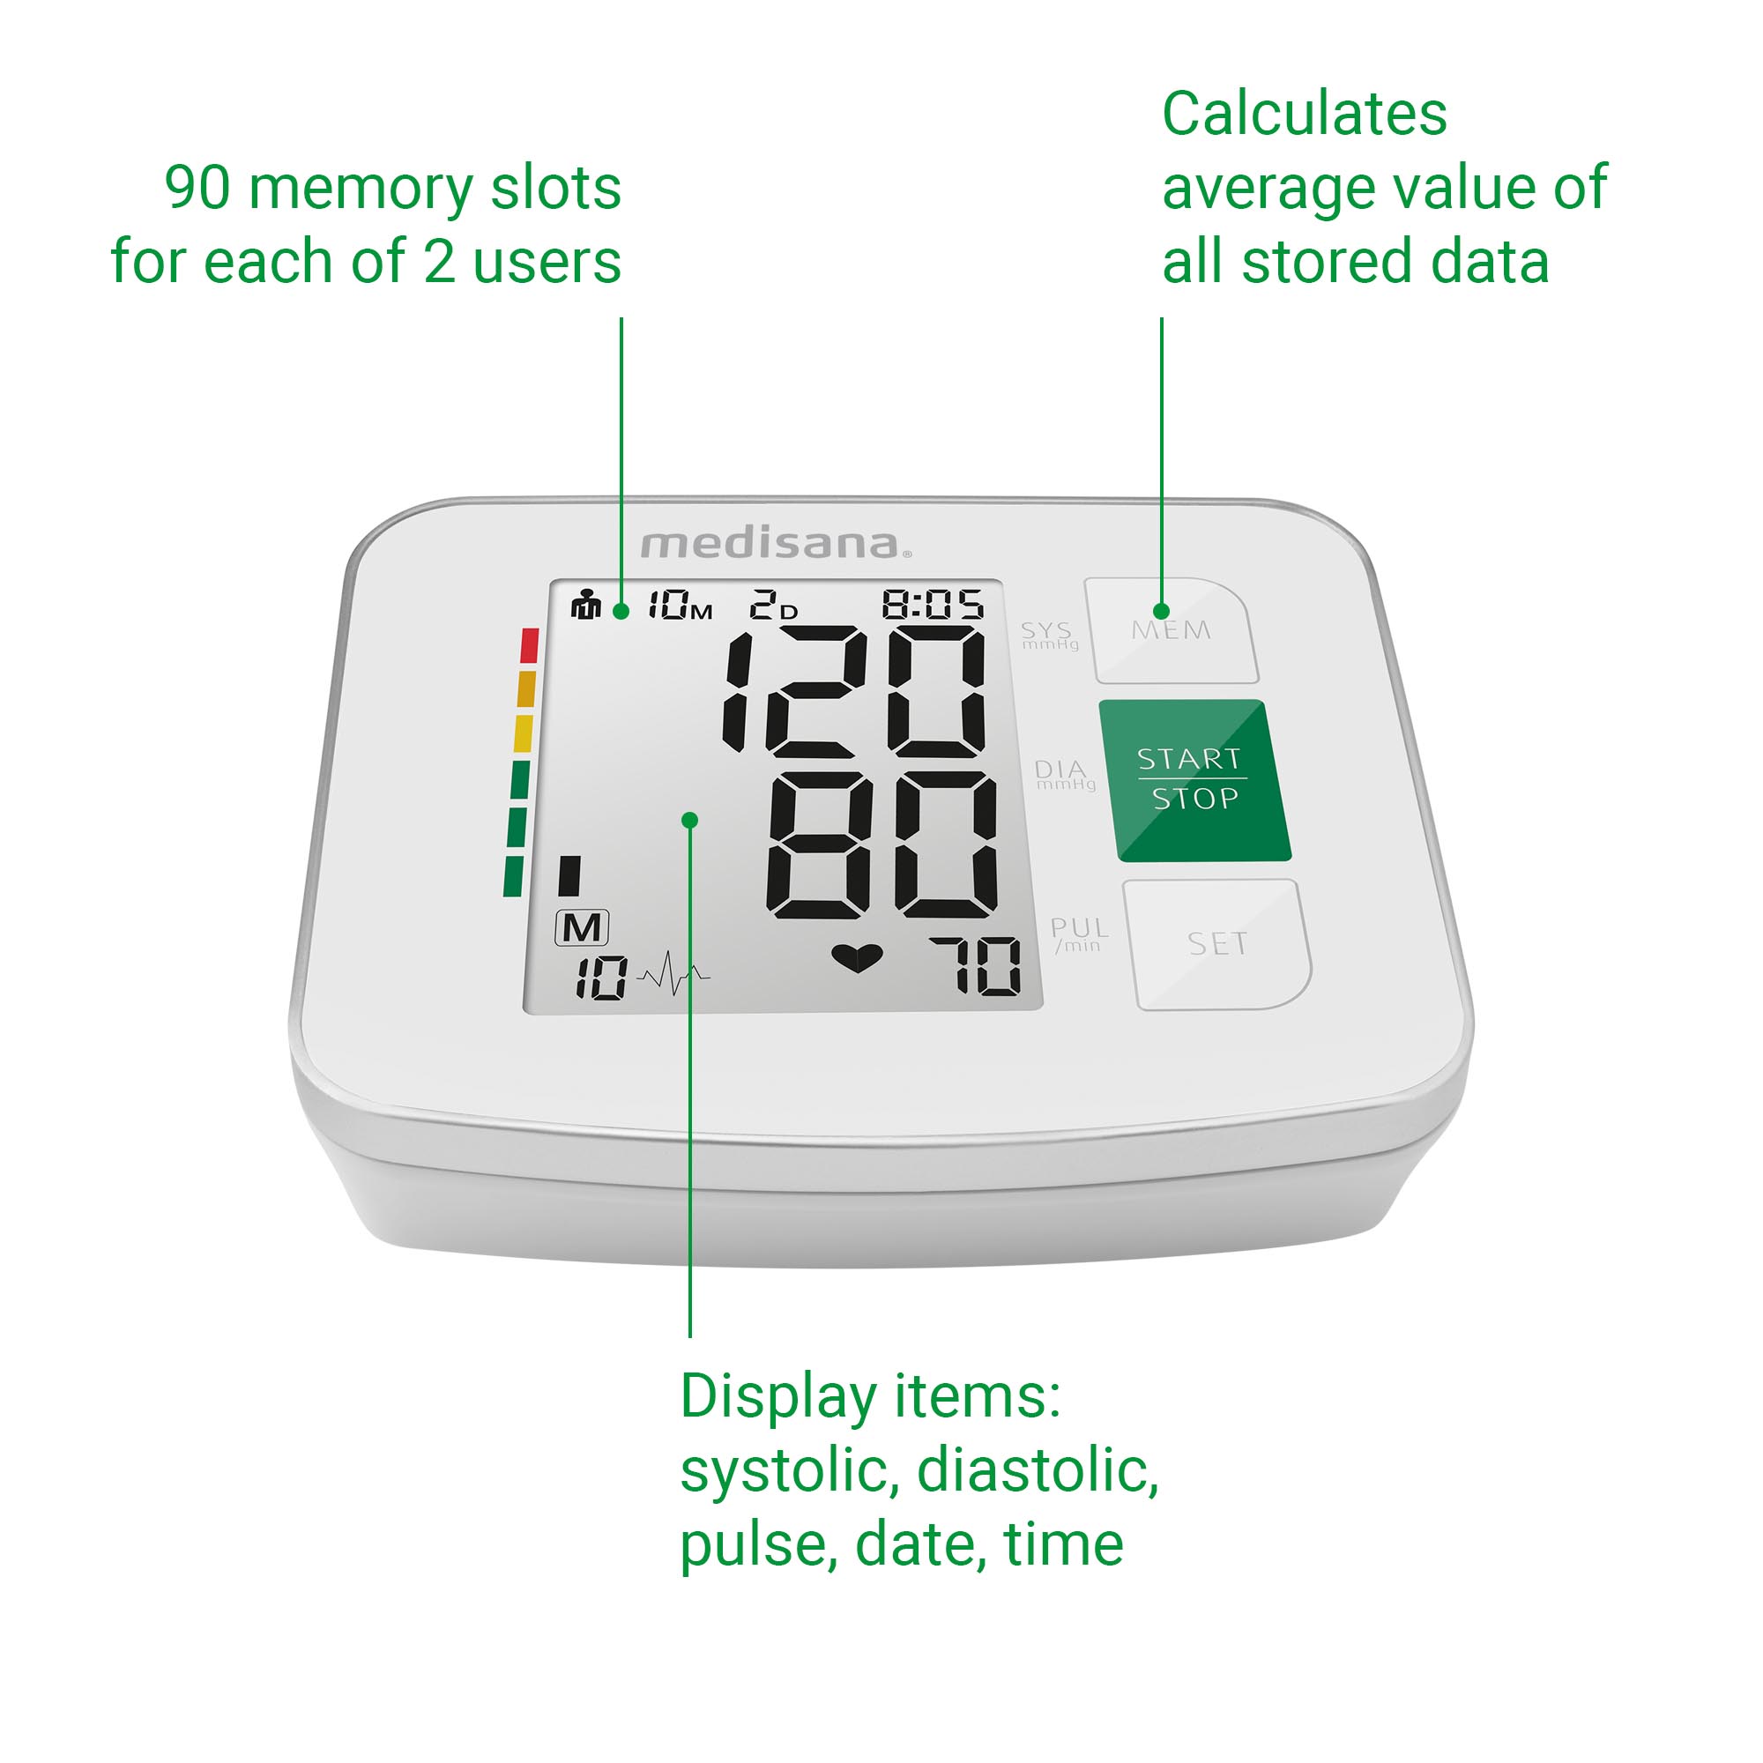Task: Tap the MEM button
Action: (x=1172, y=631)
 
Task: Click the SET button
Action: (x=1217, y=944)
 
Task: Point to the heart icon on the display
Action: (x=857, y=958)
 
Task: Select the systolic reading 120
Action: (x=855, y=691)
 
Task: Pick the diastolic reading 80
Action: (x=881, y=845)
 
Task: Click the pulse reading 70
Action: (x=976, y=965)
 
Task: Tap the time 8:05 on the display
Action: (x=933, y=604)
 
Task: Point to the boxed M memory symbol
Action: (x=581, y=928)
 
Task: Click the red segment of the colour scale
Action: (x=529, y=645)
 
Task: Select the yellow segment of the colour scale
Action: (x=524, y=733)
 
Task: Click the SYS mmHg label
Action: (x=1048, y=635)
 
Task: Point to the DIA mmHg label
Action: (x=1064, y=775)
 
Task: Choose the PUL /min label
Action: (x=1080, y=934)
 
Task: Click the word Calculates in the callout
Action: (x=1304, y=114)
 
